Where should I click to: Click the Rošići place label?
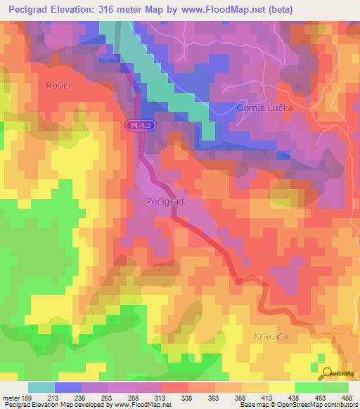coord(36,85)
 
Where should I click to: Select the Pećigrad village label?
coord(165,202)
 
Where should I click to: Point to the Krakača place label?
coord(271,337)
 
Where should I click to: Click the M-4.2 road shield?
coord(141,125)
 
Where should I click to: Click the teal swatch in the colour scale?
coord(41,387)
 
